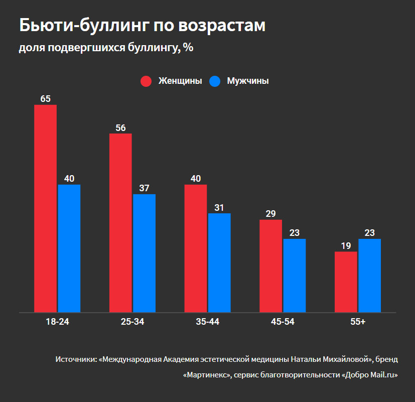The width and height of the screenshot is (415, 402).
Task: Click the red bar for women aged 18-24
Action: pyautogui.click(x=45, y=208)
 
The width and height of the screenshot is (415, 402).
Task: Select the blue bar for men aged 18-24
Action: pyautogui.click(x=69, y=248)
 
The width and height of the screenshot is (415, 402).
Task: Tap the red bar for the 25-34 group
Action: pyautogui.click(x=120, y=223)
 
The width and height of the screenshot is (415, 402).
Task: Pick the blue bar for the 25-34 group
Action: pyautogui.click(x=144, y=253)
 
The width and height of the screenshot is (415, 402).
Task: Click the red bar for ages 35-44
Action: pyautogui.click(x=195, y=248)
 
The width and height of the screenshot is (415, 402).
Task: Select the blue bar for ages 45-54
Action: pyautogui.click(x=295, y=276)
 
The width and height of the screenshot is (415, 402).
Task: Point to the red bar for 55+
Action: pyautogui.click(x=346, y=282)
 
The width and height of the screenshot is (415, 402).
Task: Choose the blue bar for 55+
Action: pyautogui.click(x=369, y=276)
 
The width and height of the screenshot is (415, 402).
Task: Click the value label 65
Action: pyautogui.click(x=45, y=99)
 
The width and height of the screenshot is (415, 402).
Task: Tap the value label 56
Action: pyautogui.click(x=120, y=127)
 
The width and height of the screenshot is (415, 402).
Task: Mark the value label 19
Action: pyautogui.click(x=346, y=245)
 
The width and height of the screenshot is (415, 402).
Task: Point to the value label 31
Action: pyautogui.click(x=219, y=207)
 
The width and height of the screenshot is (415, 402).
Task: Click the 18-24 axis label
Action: pyautogui.click(x=56, y=322)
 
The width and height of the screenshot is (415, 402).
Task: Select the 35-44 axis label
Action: pyautogui.click(x=207, y=322)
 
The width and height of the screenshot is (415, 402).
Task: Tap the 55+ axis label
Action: pyautogui.click(x=358, y=322)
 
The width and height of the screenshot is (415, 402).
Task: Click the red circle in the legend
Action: pyautogui.click(x=147, y=81)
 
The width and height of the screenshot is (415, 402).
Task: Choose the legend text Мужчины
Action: pyautogui.click(x=247, y=81)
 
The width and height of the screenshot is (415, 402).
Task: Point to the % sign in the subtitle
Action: pyautogui.click(x=188, y=48)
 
